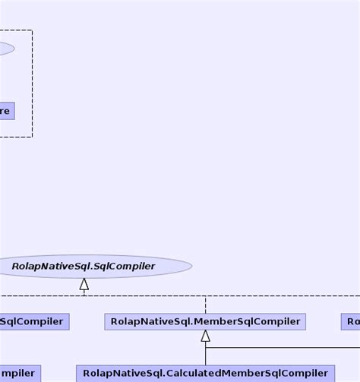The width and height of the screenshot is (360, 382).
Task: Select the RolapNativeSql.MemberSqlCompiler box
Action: click(205, 321)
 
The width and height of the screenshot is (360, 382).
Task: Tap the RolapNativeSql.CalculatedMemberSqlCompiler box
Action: click(205, 373)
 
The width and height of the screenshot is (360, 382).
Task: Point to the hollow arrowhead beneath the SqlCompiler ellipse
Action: click(84, 285)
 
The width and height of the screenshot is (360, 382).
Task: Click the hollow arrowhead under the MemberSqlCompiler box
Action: click(205, 336)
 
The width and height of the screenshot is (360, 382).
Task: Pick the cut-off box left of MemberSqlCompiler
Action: click(33, 321)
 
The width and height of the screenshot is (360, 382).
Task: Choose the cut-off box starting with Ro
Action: click(351, 321)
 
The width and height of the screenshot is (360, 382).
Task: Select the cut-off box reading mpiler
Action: click(19, 373)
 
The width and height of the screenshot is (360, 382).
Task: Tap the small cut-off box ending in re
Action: click(6, 111)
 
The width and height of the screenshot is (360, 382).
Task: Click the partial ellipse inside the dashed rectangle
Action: click(6, 49)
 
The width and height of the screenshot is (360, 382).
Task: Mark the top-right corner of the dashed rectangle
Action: click(32, 30)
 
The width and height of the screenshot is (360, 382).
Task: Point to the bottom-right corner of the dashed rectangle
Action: click(32, 137)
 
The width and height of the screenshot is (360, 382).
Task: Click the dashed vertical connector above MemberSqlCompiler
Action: click(205, 304)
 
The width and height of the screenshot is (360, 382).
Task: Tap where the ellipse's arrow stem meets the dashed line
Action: click(84, 295)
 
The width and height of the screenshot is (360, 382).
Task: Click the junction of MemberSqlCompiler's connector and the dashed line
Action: click(205, 295)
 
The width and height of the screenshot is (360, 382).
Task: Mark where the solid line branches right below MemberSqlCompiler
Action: click(205, 348)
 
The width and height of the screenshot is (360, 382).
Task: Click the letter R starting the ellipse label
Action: click(16, 267)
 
